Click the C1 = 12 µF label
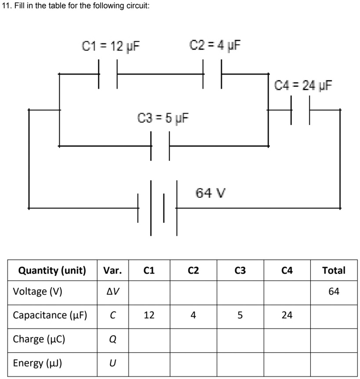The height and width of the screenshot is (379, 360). pos(111,46)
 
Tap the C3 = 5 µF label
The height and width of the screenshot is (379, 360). pos(164,118)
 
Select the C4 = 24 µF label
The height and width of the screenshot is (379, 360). pos(303,84)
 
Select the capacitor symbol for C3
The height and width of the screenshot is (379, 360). pos(160,146)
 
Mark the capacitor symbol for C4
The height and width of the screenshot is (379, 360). pos(300,110)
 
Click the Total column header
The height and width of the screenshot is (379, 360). pos(334,270)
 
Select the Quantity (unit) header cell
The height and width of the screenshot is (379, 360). pos(52,270)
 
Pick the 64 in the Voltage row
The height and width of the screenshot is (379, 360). pos(334,292)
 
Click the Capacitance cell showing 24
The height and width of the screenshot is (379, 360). pos(287,315)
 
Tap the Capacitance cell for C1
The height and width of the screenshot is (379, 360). pos(149,315)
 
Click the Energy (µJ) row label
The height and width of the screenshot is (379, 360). pos(37,363)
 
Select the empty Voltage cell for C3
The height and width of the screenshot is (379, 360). pos(240,292)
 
